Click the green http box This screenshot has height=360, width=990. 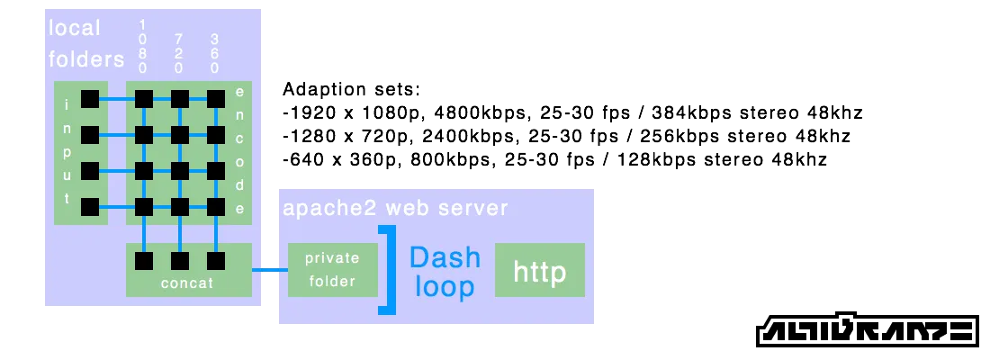pos(540,270)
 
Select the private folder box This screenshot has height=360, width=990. pos(332,269)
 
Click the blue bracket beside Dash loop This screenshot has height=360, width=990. pos(389,270)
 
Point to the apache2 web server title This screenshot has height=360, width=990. pos(395,208)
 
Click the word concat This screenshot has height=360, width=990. pos(187,283)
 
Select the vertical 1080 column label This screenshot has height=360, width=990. pos(143,46)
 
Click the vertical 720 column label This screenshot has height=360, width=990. pos(179,53)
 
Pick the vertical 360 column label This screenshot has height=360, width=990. pos(215,53)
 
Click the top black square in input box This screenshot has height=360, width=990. pos(90,99)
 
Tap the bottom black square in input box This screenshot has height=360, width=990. pos(90,207)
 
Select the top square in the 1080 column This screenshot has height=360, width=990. pos(143,99)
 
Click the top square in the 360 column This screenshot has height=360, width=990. pos(215,99)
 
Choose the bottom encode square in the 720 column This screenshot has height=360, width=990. pos(179,207)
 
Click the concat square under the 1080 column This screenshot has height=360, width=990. pos(143,261)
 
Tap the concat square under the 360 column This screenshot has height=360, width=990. pos(215,261)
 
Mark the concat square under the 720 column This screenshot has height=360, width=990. pos(179,261)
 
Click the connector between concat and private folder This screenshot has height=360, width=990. pos(269,269)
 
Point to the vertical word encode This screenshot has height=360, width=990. pos(240,150)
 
